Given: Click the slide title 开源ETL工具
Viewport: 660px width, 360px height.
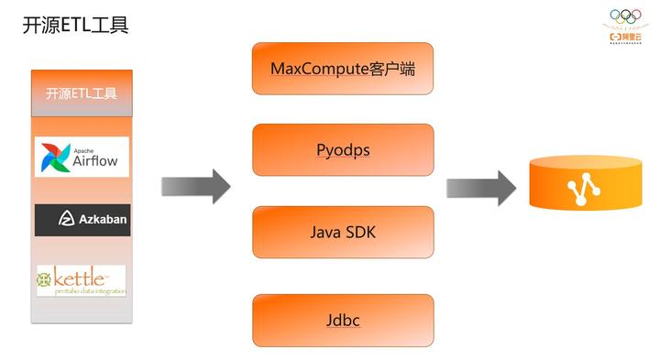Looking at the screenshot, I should [75, 25].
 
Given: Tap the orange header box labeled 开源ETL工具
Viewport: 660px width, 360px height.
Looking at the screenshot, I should [82, 93].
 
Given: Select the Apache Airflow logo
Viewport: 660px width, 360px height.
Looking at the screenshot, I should [82, 157].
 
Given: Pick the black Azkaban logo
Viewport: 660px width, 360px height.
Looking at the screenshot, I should [82, 219].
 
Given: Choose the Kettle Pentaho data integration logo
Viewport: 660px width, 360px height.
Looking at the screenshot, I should [82, 280].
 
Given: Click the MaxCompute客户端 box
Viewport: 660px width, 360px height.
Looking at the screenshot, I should [343, 68].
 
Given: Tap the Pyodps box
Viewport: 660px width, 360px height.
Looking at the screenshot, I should [343, 149].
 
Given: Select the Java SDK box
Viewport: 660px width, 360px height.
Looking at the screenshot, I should [343, 232].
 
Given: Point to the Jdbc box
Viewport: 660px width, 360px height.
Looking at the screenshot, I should [343, 320].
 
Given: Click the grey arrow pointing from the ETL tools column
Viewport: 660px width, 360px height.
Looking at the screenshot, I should [195, 186].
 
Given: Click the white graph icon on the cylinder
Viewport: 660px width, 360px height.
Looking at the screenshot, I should [581, 189].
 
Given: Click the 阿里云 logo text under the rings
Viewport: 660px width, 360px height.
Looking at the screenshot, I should [632, 35].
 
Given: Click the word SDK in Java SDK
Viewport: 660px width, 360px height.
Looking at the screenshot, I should [359, 232].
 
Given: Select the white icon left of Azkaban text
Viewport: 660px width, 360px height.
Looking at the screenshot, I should [65, 219].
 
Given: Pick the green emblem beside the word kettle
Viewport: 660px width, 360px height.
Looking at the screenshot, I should [45, 278].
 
